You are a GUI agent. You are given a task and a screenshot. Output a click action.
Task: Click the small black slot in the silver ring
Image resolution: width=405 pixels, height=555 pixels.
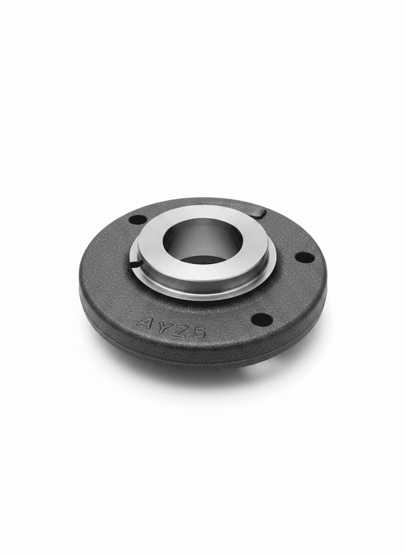coord(135,264)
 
